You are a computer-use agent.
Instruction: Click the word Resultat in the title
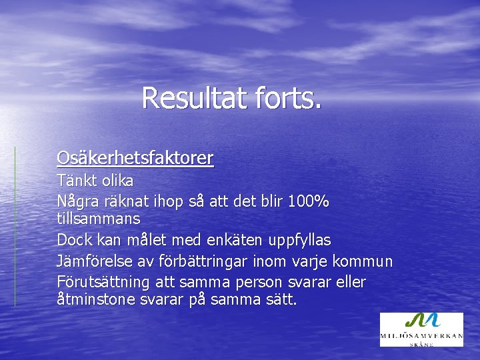click(194, 98)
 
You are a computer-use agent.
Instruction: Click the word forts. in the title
click(287, 98)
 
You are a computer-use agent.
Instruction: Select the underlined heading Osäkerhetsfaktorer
click(135, 158)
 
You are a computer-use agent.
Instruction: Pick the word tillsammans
click(99, 218)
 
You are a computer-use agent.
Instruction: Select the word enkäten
click(221, 239)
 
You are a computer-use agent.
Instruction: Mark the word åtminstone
click(97, 299)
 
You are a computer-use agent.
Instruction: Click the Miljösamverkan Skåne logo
click(421, 329)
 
